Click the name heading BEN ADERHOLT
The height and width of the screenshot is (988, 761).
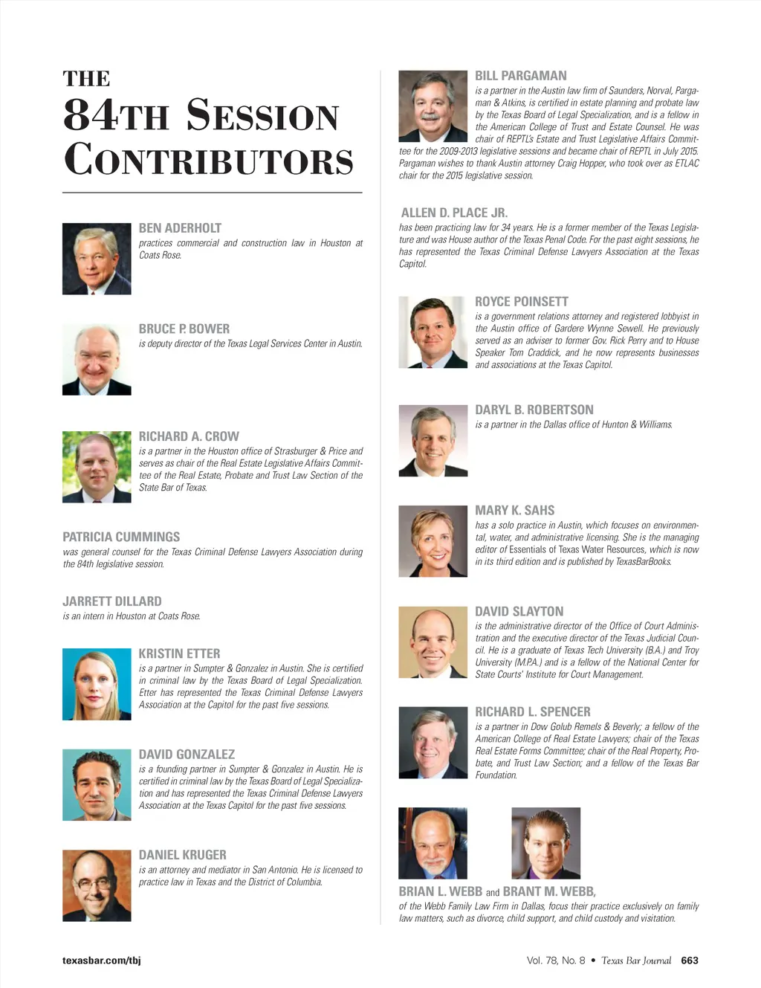(x=180, y=228)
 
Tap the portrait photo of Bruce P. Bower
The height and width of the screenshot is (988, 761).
(x=97, y=360)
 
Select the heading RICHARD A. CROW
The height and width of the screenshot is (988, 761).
(x=189, y=436)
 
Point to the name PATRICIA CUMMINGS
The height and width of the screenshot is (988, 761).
(x=121, y=537)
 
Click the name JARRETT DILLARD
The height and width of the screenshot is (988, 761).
(x=112, y=601)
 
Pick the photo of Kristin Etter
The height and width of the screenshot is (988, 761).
(x=97, y=684)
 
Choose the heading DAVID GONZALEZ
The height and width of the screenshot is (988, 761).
(x=187, y=755)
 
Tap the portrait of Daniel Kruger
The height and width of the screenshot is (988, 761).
(x=97, y=885)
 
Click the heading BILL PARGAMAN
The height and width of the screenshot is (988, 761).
(x=521, y=76)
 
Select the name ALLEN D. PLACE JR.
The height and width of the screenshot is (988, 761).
(x=454, y=213)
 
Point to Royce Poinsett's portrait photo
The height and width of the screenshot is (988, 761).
(x=433, y=332)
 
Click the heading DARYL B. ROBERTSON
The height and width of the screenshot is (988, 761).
(x=534, y=410)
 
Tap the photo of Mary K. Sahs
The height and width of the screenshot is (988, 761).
(x=433, y=541)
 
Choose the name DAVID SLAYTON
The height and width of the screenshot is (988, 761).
(x=519, y=611)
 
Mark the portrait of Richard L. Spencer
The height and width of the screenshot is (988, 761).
(x=433, y=743)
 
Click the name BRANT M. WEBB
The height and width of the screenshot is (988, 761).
(x=549, y=891)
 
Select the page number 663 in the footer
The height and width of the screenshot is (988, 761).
(x=690, y=960)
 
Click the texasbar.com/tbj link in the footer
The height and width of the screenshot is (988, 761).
(x=102, y=960)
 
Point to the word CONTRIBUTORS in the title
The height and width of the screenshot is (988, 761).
(x=209, y=161)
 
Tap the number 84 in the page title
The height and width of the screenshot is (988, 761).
(x=90, y=115)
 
